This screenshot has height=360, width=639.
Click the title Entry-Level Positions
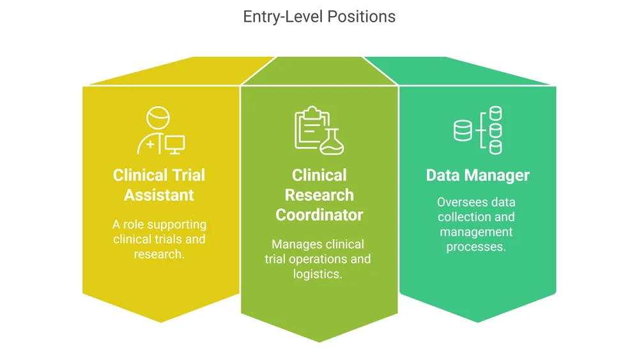(x=319, y=17)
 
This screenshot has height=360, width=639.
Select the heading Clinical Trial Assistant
(x=159, y=185)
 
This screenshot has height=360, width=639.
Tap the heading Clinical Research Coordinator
(x=319, y=195)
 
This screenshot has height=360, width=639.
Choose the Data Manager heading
(x=478, y=175)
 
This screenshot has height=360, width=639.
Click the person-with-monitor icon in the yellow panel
(x=160, y=131)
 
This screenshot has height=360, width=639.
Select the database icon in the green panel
(x=478, y=131)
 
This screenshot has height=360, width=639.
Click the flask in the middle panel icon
(x=332, y=143)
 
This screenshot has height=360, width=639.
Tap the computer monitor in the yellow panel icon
(x=174, y=145)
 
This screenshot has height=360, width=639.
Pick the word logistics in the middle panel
(x=317, y=274)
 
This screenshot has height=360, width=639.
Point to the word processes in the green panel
(x=476, y=246)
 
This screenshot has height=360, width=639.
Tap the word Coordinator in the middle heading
(x=319, y=215)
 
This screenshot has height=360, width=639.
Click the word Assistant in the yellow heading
(x=159, y=194)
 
